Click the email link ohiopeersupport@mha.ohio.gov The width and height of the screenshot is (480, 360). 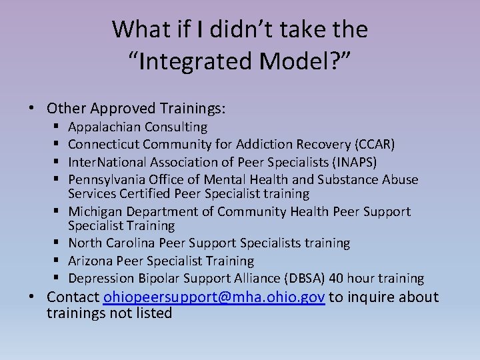214,297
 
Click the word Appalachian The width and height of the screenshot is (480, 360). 105,127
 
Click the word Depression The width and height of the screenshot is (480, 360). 102,278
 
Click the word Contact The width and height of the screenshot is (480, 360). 73,297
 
